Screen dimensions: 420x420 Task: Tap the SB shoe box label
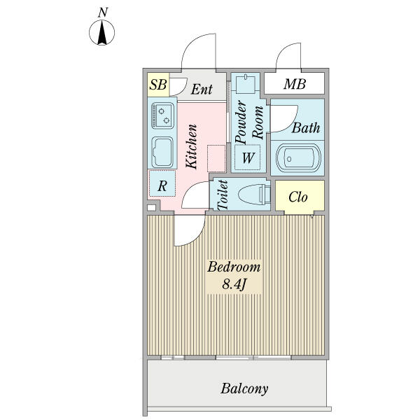point(158,85)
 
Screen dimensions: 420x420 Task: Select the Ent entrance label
point(202,89)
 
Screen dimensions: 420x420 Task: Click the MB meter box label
point(295,84)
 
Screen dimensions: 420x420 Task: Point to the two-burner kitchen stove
point(162,115)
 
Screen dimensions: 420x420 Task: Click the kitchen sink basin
point(162,152)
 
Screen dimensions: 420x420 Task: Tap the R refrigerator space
point(162,183)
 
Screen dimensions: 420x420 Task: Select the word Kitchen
point(192,146)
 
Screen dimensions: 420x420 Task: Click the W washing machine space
point(248,157)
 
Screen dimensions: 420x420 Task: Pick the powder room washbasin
point(246,84)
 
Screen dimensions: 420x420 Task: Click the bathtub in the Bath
point(298,158)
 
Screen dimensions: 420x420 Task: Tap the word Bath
point(306,128)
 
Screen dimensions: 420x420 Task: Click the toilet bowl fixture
point(254,194)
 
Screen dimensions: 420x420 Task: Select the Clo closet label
point(298,197)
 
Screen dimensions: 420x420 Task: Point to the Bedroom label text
point(234,267)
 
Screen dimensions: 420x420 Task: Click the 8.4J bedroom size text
point(234,284)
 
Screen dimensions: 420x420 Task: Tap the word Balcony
point(244,388)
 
